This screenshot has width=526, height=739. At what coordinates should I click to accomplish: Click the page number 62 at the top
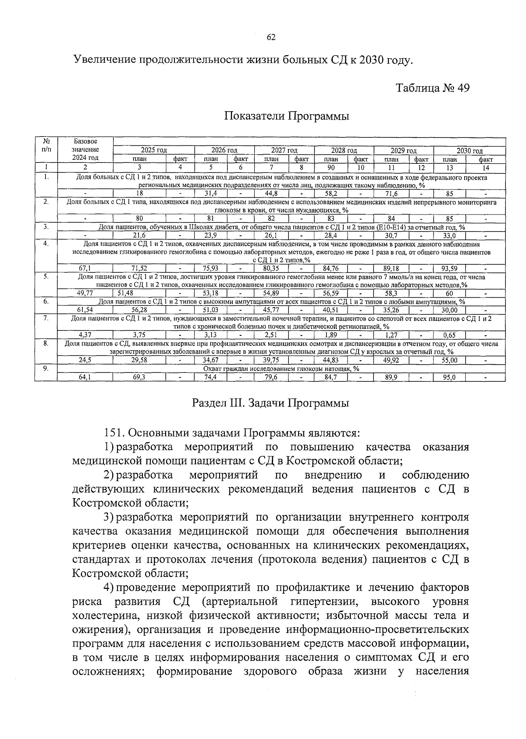coord(271,37)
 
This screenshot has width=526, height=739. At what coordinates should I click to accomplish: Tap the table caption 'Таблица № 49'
coord(433,88)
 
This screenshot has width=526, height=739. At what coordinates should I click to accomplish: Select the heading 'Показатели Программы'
coord(287,116)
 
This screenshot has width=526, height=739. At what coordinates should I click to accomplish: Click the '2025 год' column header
coord(153,151)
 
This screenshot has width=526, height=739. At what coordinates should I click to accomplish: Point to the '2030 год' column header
coord(469,151)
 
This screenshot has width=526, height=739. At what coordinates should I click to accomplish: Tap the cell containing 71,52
coord(139,268)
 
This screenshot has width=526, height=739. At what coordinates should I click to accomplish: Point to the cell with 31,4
coord(211,194)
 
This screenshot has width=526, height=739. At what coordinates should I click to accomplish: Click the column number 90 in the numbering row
coord(331,167)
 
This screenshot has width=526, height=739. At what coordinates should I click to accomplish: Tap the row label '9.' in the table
coord(46,369)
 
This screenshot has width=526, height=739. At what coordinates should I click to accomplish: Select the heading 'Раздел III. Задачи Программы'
coord(270,403)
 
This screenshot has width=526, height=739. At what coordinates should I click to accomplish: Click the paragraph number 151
coord(114,433)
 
